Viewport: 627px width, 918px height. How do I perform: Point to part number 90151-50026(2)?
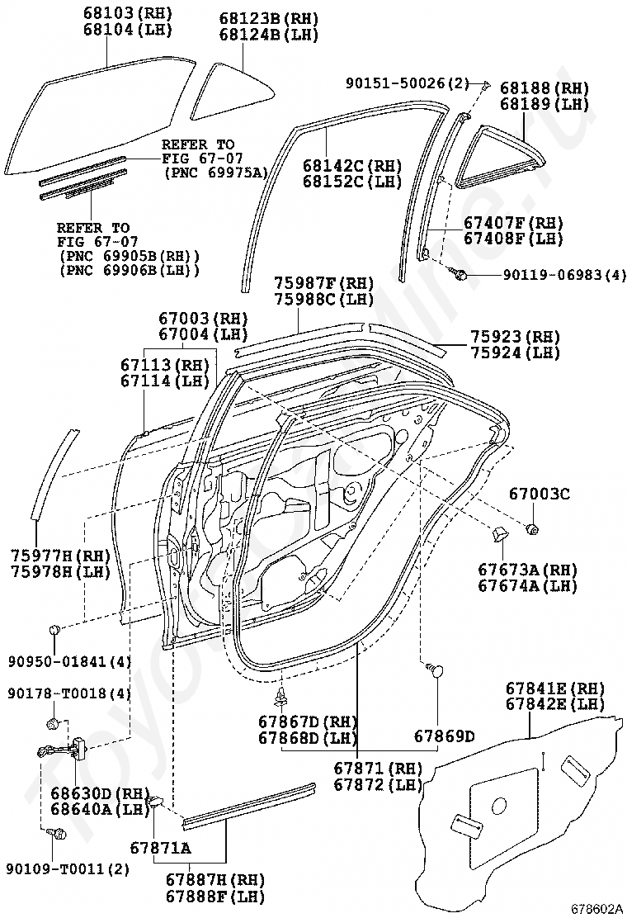[407, 83]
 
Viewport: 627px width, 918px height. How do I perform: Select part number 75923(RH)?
[515, 337]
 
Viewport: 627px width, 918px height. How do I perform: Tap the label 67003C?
[539, 494]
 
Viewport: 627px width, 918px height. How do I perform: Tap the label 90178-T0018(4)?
[69, 693]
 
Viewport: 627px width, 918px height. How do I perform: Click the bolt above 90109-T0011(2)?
[59, 836]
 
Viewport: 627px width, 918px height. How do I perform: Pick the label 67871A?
[160, 848]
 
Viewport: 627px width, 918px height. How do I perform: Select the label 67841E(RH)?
[555, 688]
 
